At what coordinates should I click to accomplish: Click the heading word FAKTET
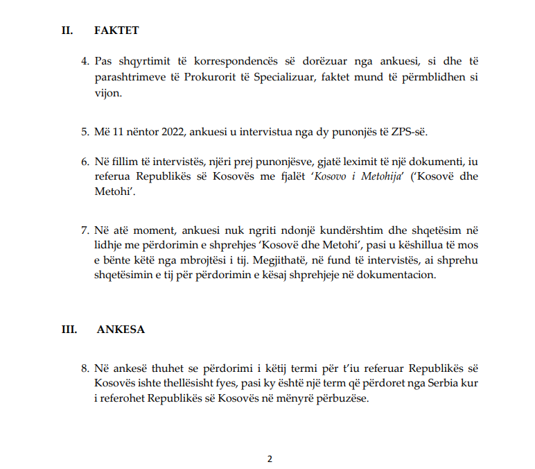(x=116, y=31)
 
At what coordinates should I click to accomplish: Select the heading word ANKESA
(x=121, y=330)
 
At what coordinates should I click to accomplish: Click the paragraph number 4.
(x=85, y=61)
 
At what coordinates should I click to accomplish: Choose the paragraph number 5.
(x=85, y=131)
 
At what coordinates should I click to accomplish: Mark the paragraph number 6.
(x=85, y=162)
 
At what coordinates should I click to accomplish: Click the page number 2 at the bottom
(x=270, y=459)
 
